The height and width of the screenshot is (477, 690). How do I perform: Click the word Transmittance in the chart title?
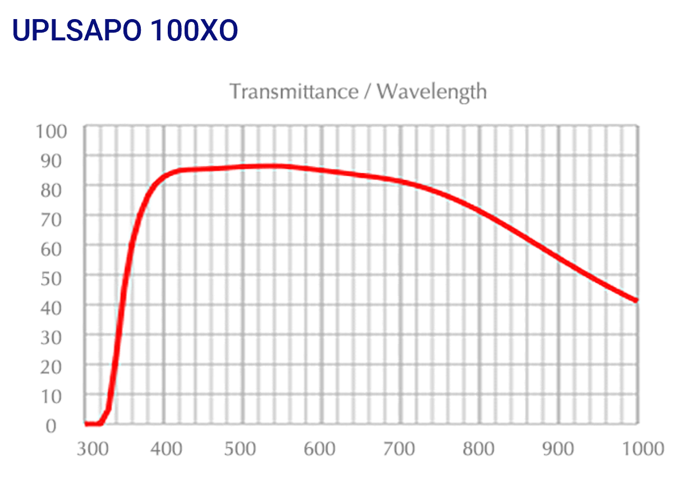tap(293, 91)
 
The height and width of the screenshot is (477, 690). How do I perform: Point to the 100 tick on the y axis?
tap(52, 131)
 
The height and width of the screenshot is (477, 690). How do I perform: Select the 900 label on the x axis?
tap(559, 449)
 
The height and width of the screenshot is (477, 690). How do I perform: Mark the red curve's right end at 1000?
tap(637, 300)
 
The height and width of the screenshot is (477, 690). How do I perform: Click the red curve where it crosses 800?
tap(480, 211)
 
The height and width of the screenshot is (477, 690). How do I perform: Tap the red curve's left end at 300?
tap(86, 424)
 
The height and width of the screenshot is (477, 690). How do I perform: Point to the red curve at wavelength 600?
tap(321, 169)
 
